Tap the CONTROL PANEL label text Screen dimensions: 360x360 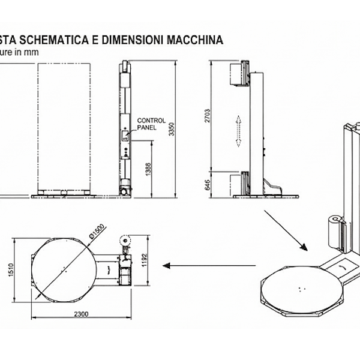[x=151, y=124]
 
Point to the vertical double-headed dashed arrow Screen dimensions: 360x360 [x=238, y=131]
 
